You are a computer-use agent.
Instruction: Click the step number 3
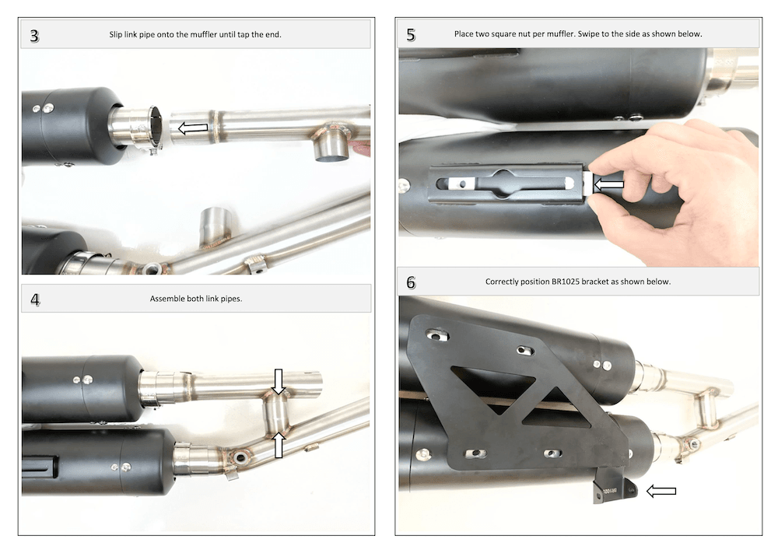click(34, 36)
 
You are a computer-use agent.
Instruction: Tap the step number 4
click(35, 299)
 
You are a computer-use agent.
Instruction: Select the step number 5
click(411, 35)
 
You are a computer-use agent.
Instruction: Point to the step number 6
click(411, 282)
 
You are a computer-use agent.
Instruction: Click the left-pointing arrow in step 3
click(193, 128)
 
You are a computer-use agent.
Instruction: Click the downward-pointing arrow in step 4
click(279, 381)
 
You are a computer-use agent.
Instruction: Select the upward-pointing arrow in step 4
click(279, 445)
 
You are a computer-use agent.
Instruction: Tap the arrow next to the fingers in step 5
click(608, 185)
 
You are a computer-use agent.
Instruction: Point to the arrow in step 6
click(661, 491)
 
